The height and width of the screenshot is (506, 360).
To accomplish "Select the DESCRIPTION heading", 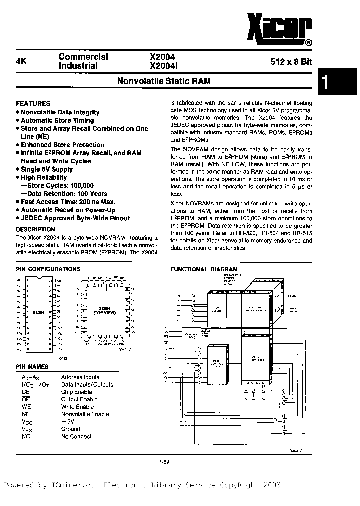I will pyautogui.click(x=36, y=229).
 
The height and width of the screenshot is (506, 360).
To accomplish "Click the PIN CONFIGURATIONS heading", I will pyautogui.click(x=48, y=269).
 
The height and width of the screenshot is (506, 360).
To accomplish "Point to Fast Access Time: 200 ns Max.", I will pyautogui.click(x=68, y=202).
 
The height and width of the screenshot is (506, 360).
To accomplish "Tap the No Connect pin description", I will pyautogui.click(x=76, y=436).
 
